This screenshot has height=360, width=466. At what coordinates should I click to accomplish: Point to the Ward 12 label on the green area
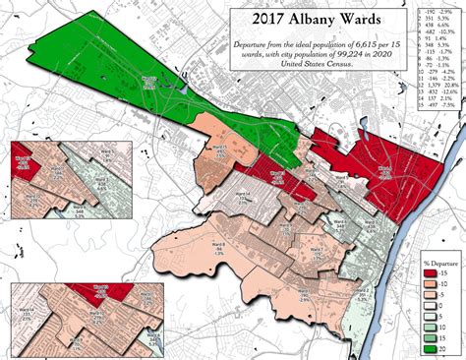[150, 80]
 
